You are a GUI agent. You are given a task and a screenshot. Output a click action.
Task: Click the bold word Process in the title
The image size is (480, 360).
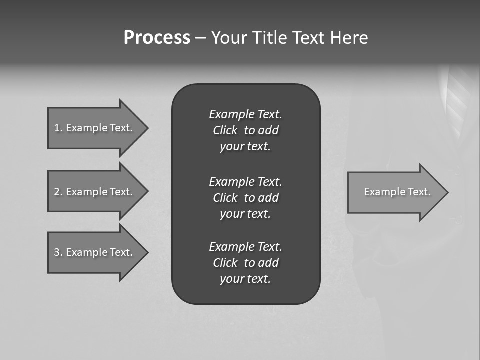[157, 38]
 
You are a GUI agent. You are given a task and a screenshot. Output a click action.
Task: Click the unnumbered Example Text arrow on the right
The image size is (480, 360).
[395, 192]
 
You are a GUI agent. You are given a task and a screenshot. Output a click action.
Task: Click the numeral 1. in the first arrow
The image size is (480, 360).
[58, 128]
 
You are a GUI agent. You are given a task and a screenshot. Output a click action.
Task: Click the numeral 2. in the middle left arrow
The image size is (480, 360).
[58, 192]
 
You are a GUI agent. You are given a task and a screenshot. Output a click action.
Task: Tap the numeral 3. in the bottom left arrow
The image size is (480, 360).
[58, 252]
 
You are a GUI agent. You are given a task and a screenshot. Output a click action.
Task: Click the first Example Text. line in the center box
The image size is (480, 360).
[245, 114]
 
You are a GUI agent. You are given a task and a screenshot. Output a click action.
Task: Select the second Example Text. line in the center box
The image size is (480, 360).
[245, 181]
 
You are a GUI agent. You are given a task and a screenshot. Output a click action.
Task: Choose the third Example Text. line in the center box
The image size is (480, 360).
[245, 247]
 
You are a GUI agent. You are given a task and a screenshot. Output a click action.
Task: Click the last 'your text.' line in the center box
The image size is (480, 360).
[245, 279]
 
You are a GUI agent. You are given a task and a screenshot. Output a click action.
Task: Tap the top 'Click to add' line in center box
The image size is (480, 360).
[245, 130]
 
